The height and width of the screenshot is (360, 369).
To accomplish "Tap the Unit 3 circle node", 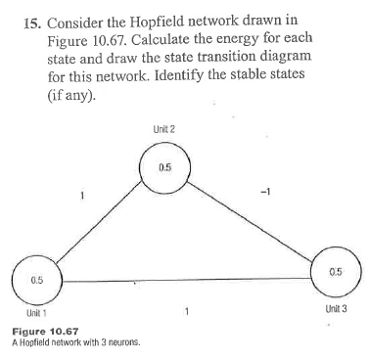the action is coord(336,271).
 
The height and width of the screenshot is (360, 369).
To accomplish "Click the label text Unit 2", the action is coord(163,130).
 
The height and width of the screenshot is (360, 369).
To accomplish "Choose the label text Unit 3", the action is coord(334,307).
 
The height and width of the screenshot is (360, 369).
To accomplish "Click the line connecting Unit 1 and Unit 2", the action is coord(98,226).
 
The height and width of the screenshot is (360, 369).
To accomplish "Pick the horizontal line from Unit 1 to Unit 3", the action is coord(186,283).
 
